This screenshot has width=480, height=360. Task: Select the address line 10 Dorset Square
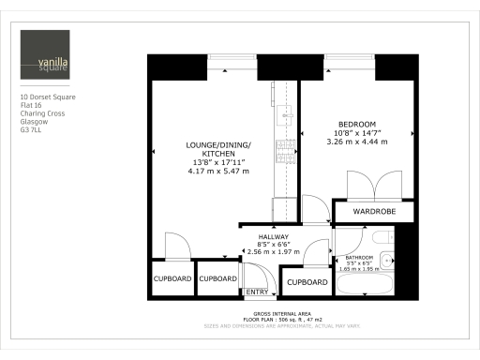click(x=48, y=97)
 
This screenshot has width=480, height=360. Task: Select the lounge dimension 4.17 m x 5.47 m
click(x=217, y=172)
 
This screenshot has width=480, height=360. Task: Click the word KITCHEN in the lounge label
click(x=217, y=154)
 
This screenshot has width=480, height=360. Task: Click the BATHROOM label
click(x=359, y=257)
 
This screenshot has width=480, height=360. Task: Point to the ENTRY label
click(x=256, y=292)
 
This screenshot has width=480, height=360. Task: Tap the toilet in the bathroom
click(x=387, y=259)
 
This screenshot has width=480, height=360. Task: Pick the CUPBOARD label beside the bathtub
click(x=307, y=282)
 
